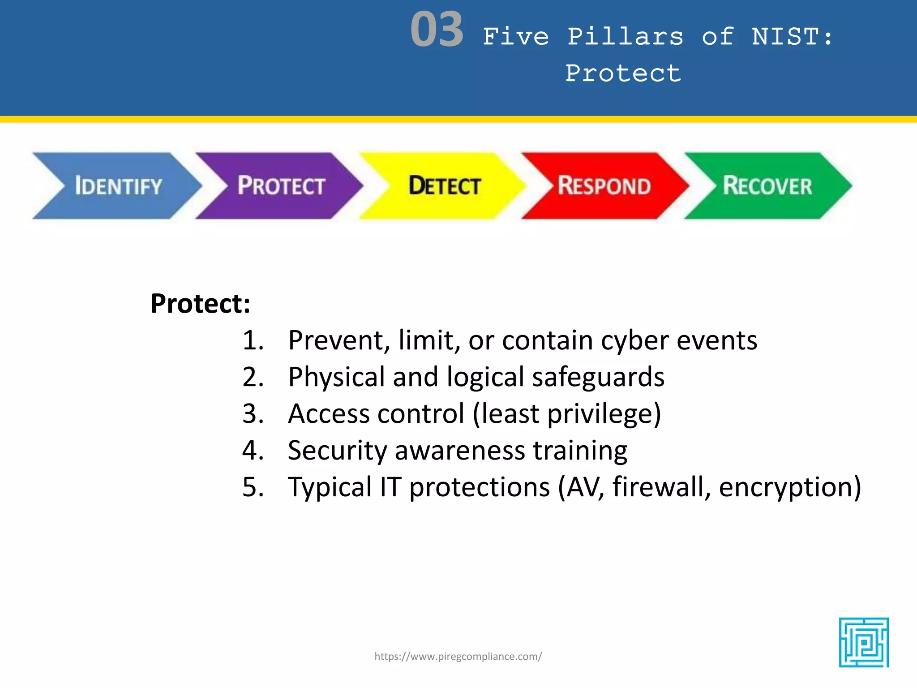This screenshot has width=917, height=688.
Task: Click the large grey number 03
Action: pyautogui.click(x=437, y=30)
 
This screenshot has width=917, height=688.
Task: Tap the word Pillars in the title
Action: pyautogui.click(x=626, y=37)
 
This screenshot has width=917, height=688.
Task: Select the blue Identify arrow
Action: pyautogui.click(x=117, y=186)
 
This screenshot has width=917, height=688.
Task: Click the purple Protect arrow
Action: pyautogui.click(x=280, y=186)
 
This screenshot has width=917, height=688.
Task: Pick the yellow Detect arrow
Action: pyautogui.click(x=444, y=186)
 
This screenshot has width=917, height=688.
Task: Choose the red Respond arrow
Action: pyautogui.click(x=604, y=186)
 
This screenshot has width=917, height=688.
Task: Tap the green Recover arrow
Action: pyautogui.click(x=767, y=186)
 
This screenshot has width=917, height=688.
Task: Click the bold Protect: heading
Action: pyautogui.click(x=200, y=304)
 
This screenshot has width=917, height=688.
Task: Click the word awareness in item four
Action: pyautogui.click(x=460, y=451)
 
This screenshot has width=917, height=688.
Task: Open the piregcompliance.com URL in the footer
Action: pyautogui.click(x=458, y=657)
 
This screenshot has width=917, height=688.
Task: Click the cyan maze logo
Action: pyautogui.click(x=864, y=642)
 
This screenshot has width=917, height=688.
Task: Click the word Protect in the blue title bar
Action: pyautogui.click(x=623, y=73)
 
